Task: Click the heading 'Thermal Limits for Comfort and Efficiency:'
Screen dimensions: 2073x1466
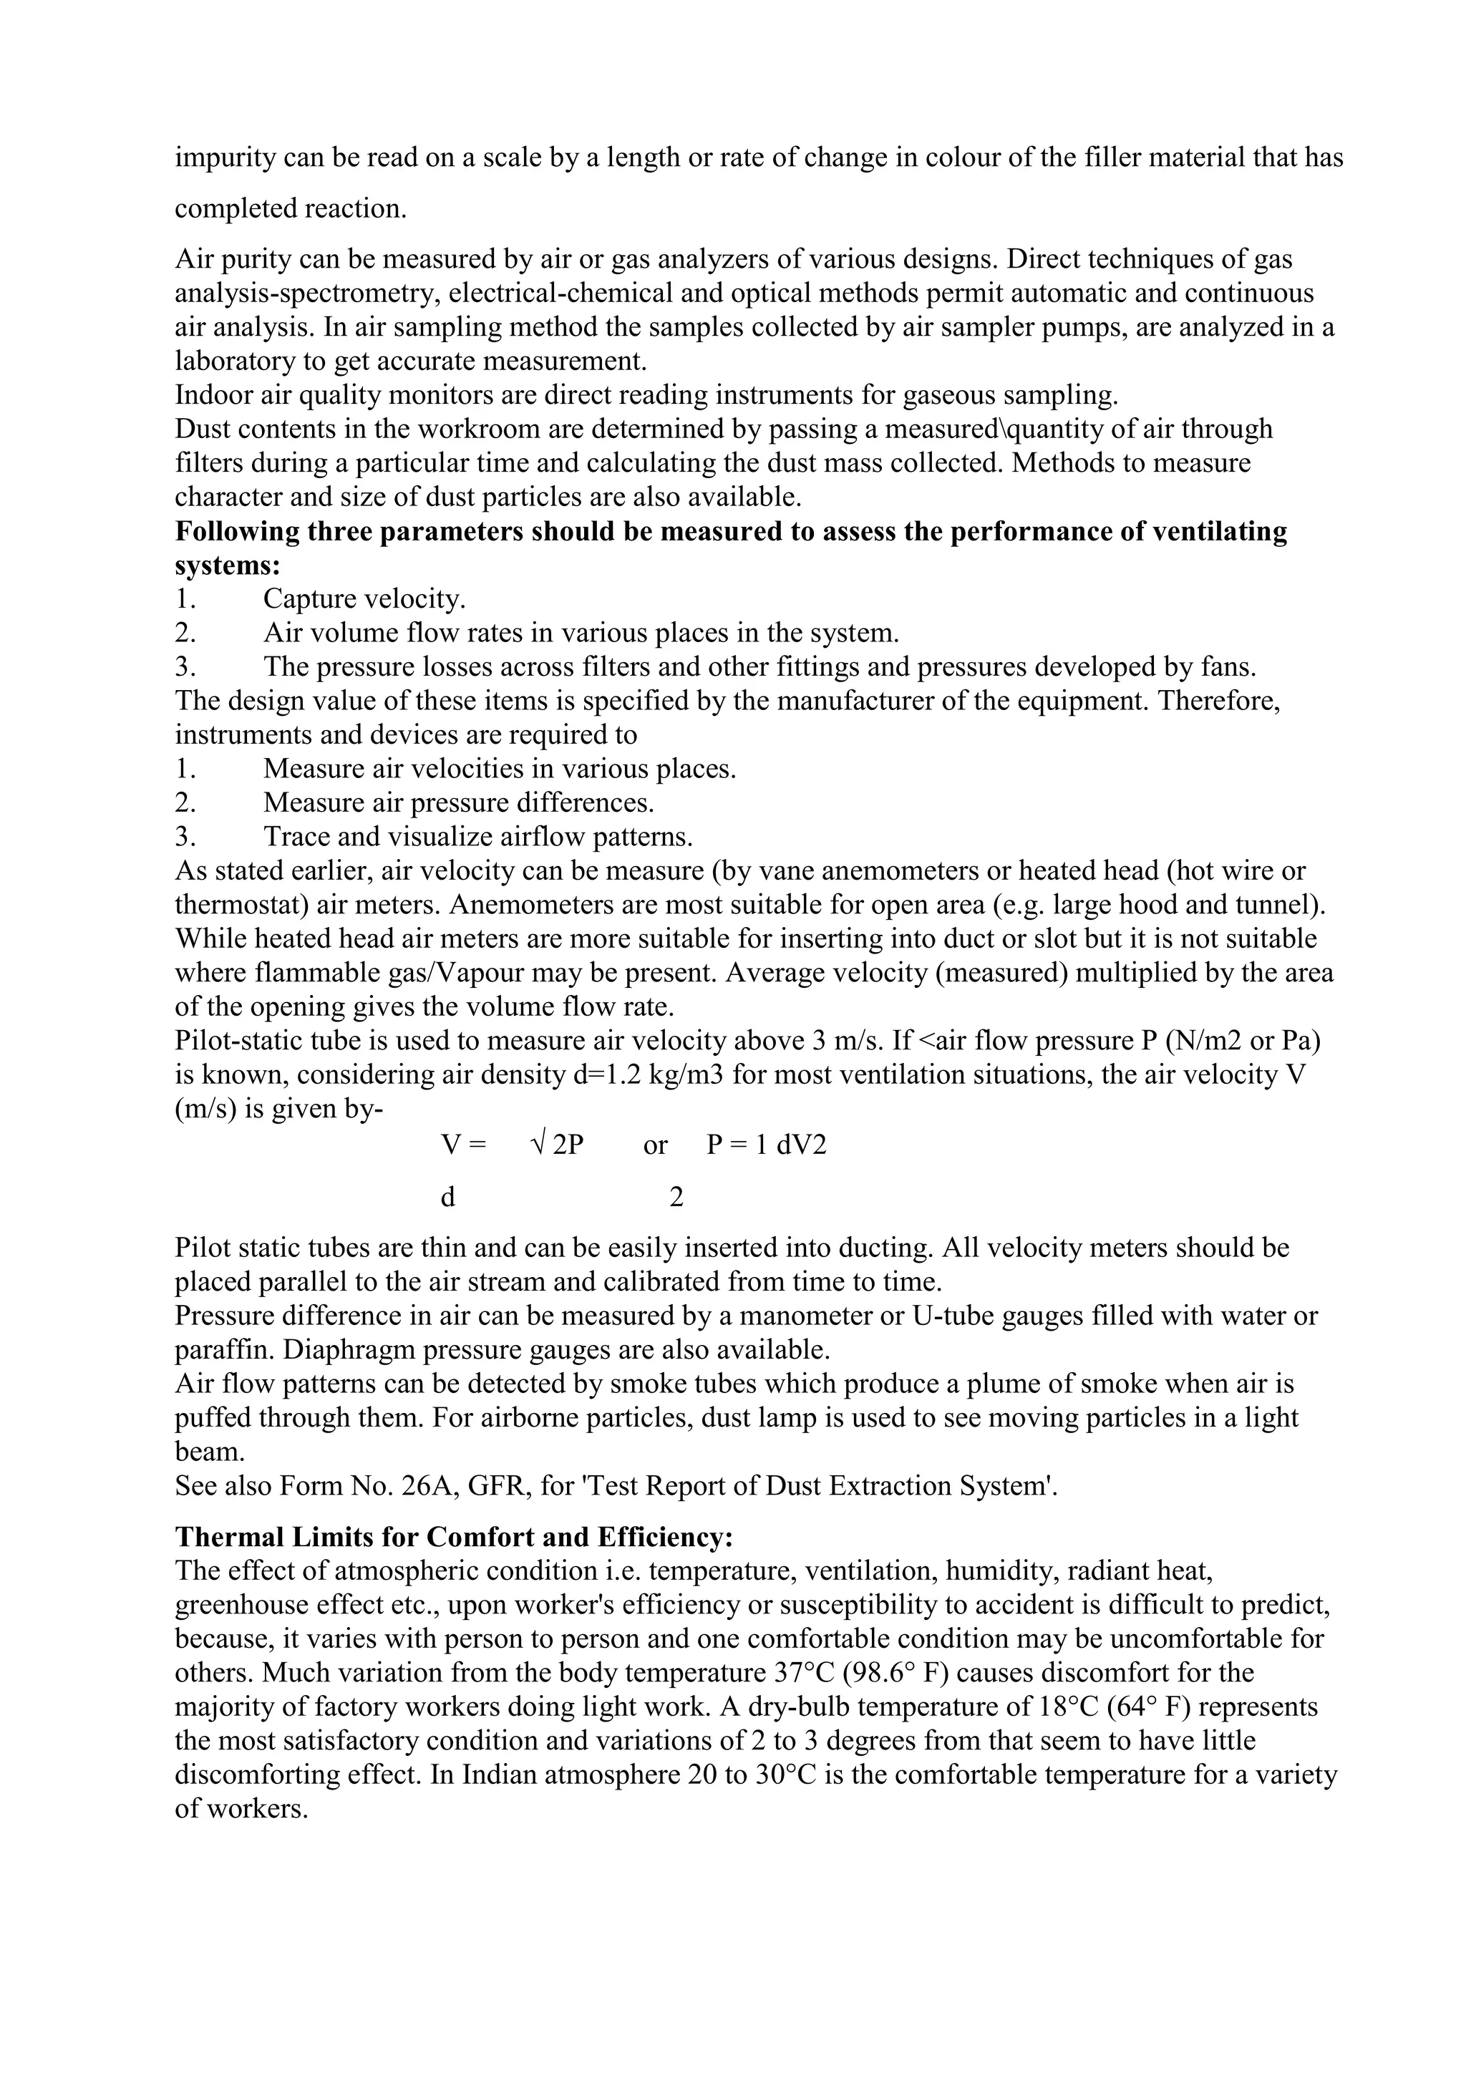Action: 453,1537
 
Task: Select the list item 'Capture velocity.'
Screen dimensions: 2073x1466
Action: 364,598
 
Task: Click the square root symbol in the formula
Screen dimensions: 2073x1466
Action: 538,1145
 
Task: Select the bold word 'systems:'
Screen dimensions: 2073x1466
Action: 228,565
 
